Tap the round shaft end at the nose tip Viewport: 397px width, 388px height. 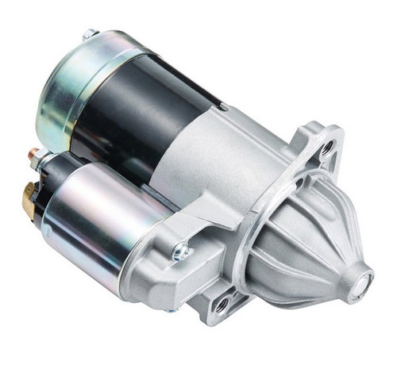[366, 279]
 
